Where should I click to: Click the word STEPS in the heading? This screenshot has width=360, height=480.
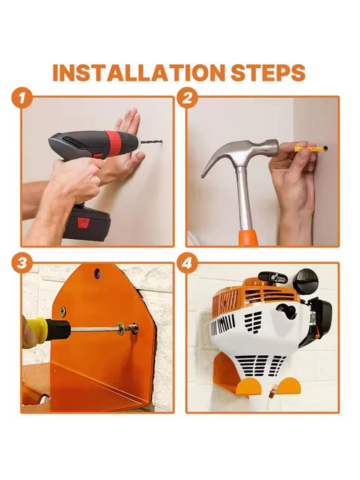point(268,73)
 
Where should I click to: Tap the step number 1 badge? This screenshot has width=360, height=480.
point(22,98)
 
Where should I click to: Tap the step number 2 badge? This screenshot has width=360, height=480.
point(188,98)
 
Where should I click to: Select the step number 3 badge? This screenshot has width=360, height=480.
point(22,263)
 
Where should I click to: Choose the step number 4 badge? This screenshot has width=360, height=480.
point(188,263)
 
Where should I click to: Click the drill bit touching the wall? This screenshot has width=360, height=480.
point(151,142)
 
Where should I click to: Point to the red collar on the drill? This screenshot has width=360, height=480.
point(114,141)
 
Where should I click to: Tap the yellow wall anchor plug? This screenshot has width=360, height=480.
point(305,149)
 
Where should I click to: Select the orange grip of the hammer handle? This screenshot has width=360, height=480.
point(248,237)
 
